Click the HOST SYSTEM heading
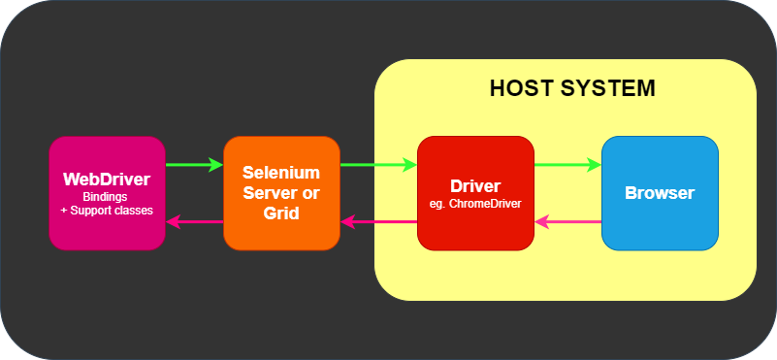pos(572,88)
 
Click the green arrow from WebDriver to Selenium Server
pos(194,165)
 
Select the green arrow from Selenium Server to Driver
pos(378,165)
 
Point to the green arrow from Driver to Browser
pos(567,165)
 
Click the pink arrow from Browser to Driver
pos(568,222)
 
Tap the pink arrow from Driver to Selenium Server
pos(378,222)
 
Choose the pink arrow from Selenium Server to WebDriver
pos(194,222)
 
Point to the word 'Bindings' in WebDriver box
pos(107,196)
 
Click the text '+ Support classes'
pos(107,209)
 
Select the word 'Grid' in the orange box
pos(281,212)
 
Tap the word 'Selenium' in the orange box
pos(281,173)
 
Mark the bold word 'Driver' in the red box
pos(475,185)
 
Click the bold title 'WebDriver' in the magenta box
pos(107,180)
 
